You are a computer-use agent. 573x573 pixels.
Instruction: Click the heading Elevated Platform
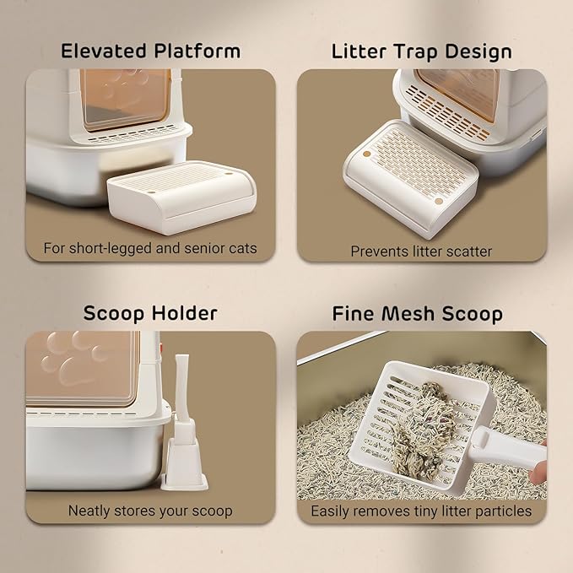click(150, 51)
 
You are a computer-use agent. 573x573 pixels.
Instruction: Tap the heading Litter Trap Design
click(421, 51)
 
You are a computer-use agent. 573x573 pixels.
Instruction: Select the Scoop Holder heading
click(150, 314)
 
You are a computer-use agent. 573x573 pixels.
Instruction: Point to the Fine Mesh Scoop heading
click(418, 314)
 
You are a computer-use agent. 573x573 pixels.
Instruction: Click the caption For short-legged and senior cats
click(150, 248)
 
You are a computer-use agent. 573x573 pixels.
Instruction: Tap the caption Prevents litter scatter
click(421, 251)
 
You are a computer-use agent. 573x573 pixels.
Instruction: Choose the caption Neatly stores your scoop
click(150, 511)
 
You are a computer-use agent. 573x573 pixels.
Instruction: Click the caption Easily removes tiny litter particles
click(421, 511)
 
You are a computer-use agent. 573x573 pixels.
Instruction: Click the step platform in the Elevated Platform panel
click(181, 197)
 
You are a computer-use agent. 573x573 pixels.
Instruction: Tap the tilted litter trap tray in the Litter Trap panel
click(410, 177)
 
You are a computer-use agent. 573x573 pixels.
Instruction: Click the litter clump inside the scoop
click(424, 431)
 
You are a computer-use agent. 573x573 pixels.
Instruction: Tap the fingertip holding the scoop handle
click(538, 472)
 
